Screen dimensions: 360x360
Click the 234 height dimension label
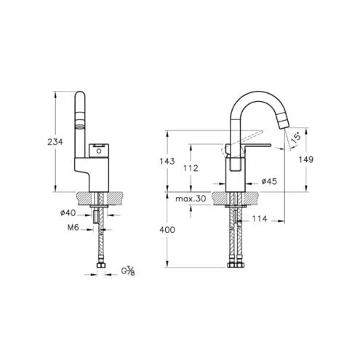pyautogui.click(x=55, y=142)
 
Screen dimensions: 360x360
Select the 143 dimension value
pyautogui.click(x=167, y=161)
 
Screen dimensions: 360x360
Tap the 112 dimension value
pyautogui.click(x=191, y=168)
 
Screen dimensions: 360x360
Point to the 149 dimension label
pyautogui.click(x=306, y=159)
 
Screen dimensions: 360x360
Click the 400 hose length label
pyautogui.click(x=167, y=230)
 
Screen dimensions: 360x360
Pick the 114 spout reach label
pyautogui.click(x=260, y=219)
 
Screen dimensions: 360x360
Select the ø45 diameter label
pyautogui.click(x=269, y=181)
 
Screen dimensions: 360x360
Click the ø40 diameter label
pyautogui.click(x=68, y=213)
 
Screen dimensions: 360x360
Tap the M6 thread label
pyautogui.click(x=73, y=228)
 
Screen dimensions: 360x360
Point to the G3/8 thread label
pyautogui.click(x=128, y=271)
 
